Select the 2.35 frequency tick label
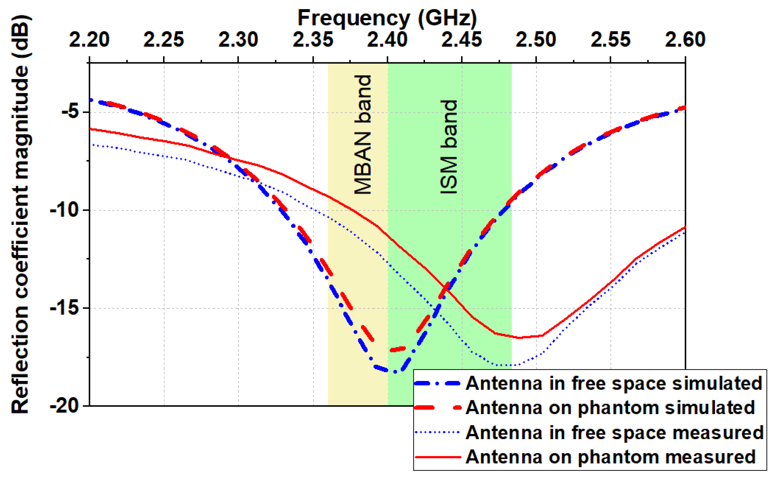[313, 40]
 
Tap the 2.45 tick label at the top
[462, 40]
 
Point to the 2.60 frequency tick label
[685, 40]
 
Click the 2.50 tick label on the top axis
[536, 40]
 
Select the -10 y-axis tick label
[64, 210]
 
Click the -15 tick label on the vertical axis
[64, 308]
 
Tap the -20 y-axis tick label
[64, 406]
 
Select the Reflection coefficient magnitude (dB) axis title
[20, 214]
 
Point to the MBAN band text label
[363, 134]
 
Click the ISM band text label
[449, 147]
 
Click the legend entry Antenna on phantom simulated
[610, 407]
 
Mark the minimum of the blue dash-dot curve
[395, 372]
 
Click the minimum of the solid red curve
[520, 338]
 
